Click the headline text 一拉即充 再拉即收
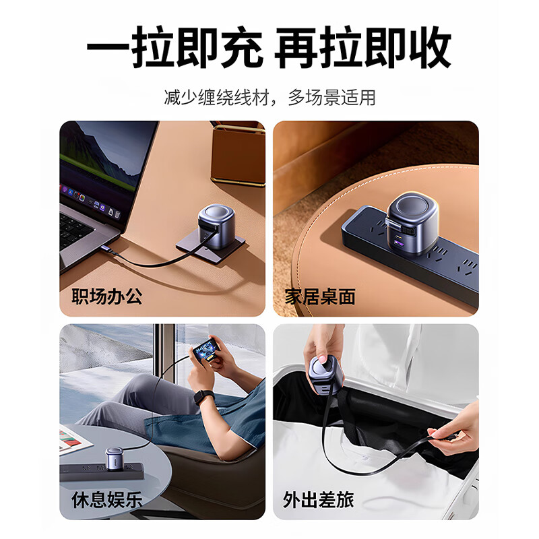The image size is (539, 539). [x=269, y=47]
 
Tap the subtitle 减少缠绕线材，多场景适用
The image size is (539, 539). [x=270, y=97]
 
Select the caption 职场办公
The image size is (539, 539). [x=107, y=296]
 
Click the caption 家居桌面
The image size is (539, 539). [x=320, y=296]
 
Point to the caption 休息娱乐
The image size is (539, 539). [x=107, y=499]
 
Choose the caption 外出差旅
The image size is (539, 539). [x=318, y=499]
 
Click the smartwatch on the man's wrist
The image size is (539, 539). [x=203, y=397]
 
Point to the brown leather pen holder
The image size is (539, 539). [x=239, y=155]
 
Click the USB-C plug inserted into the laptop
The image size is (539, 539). [x=108, y=249]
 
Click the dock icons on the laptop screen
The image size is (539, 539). [x=90, y=201]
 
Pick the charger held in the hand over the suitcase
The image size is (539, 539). [x=325, y=375]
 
